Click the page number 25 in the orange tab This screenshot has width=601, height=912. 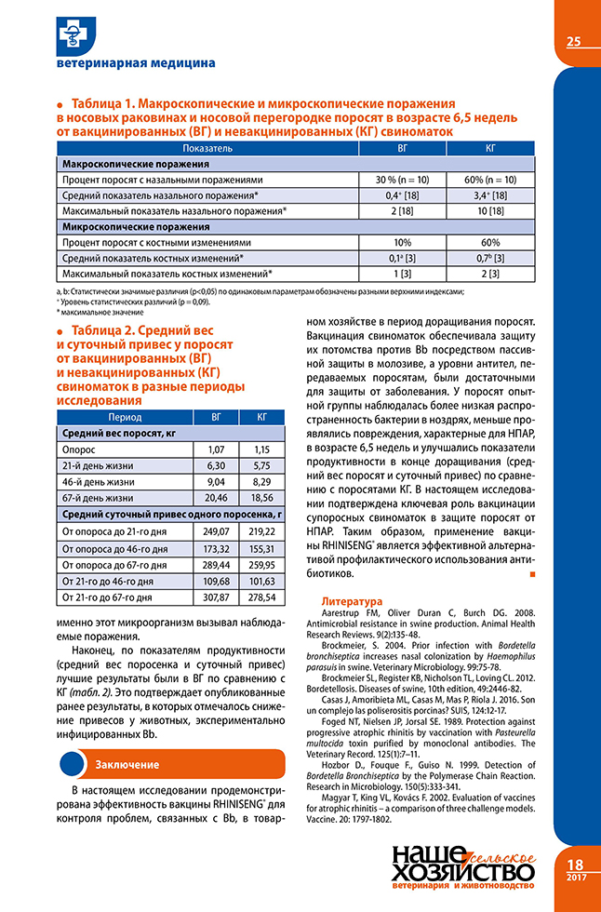pos(573,41)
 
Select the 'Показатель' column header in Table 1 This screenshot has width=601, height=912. pos(207,148)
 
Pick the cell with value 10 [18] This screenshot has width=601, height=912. pos(490,210)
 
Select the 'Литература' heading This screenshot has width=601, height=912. pos(351,601)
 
